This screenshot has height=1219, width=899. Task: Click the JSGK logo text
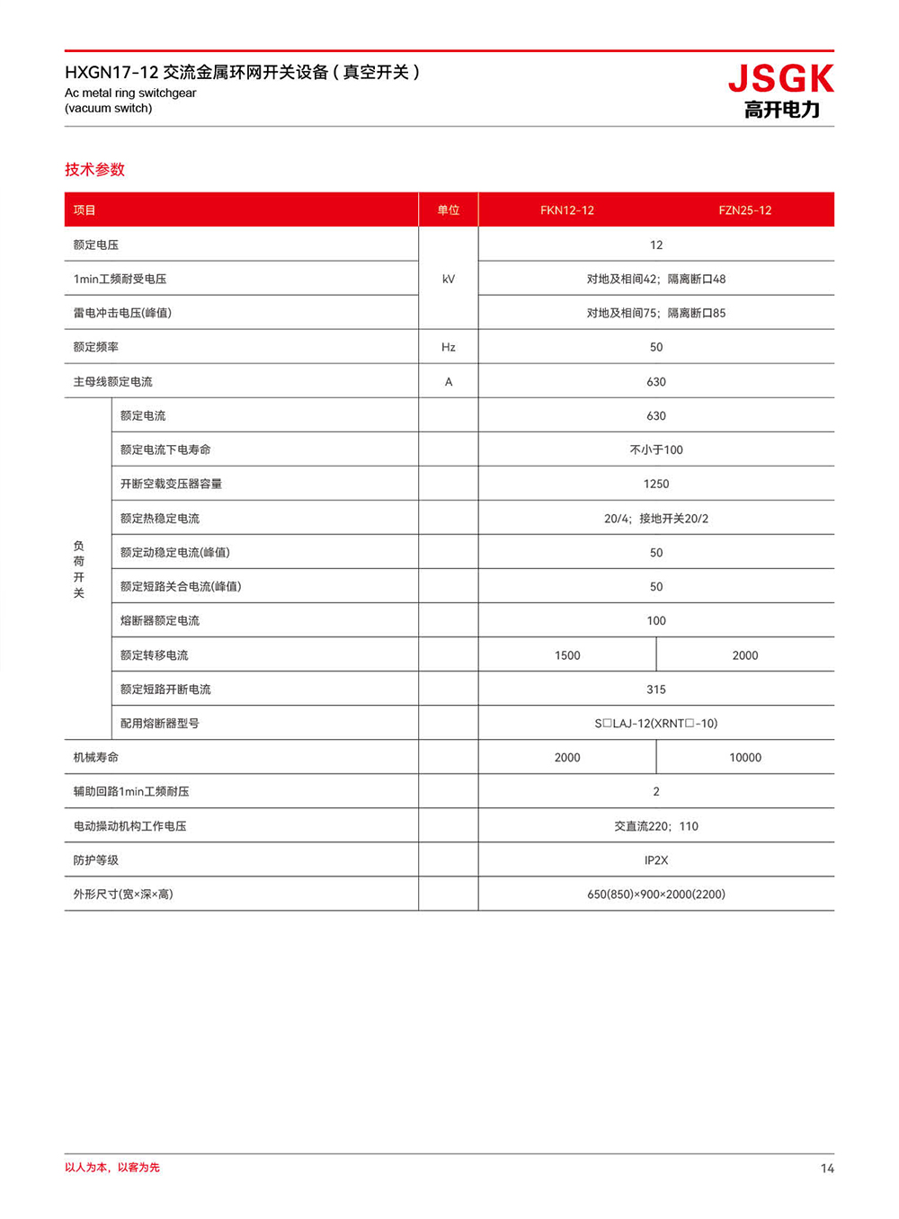click(x=780, y=79)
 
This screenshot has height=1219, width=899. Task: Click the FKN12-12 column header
click(x=566, y=210)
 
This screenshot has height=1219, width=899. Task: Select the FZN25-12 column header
click(x=744, y=210)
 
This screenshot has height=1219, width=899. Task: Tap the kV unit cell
click(x=448, y=279)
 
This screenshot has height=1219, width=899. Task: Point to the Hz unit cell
click(x=448, y=347)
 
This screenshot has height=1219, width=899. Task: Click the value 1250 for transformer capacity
click(x=655, y=484)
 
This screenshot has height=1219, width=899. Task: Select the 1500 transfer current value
click(x=566, y=655)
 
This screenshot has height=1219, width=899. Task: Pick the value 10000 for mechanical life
click(x=744, y=758)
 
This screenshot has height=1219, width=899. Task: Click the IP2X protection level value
click(x=655, y=860)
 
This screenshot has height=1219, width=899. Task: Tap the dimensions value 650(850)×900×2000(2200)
click(x=655, y=894)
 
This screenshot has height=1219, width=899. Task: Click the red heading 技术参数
click(x=94, y=169)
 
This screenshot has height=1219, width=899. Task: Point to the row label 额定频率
click(x=95, y=347)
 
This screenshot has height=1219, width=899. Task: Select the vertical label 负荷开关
click(x=79, y=569)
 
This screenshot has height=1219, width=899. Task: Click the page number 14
click(x=826, y=1169)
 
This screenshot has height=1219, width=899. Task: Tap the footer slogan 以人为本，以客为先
click(x=112, y=1167)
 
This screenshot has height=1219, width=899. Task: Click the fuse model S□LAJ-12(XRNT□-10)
click(x=655, y=724)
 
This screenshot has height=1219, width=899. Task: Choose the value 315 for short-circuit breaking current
click(x=655, y=690)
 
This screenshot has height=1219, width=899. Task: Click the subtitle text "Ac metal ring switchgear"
click(x=130, y=93)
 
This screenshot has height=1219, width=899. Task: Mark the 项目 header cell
click(x=85, y=210)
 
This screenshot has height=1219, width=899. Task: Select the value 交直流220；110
click(x=655, y=826)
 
